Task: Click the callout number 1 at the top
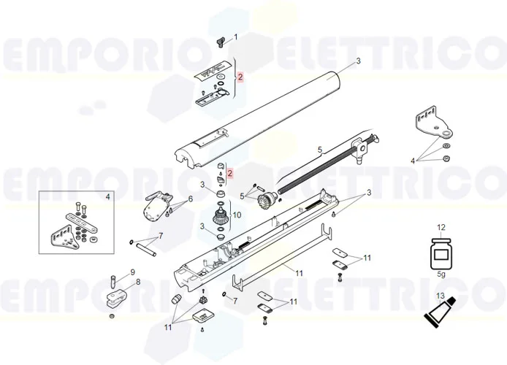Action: [235, 36]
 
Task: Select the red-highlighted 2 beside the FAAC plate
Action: [240, 77]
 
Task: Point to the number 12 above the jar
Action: [440, 228]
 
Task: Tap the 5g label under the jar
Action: [440, 275]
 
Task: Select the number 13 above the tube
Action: [440, 296]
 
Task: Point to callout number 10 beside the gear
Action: [236, 216]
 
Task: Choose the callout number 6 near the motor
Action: [190, 199]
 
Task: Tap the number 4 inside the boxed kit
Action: [107, 196]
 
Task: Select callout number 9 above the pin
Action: [133, 272]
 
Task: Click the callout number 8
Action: [138, 281]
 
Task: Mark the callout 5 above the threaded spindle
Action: [319, 150]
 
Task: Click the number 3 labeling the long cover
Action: [358, 61]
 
